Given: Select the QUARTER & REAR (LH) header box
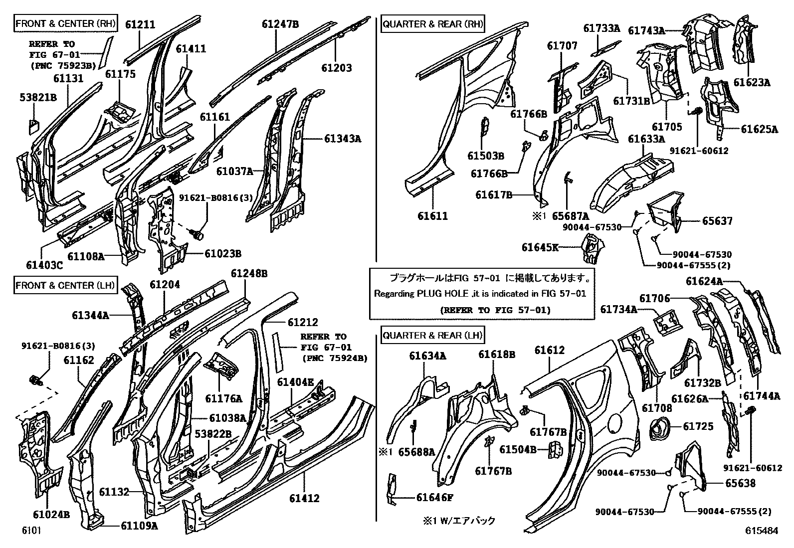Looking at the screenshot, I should (x=432, y=336).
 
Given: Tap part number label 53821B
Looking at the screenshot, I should (x=38, y=97).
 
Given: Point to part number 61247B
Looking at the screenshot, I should (x=280, y=23).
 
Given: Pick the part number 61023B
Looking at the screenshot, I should (x=222, y=254).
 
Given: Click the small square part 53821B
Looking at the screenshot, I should (x=33, y=125).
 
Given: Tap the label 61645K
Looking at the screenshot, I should (x=540, y=247).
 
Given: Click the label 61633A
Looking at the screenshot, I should (x=646, y=139).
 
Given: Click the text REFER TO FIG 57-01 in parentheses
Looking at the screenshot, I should (x=495, y=310).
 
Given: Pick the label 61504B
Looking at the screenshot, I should (x=518, y=449).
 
